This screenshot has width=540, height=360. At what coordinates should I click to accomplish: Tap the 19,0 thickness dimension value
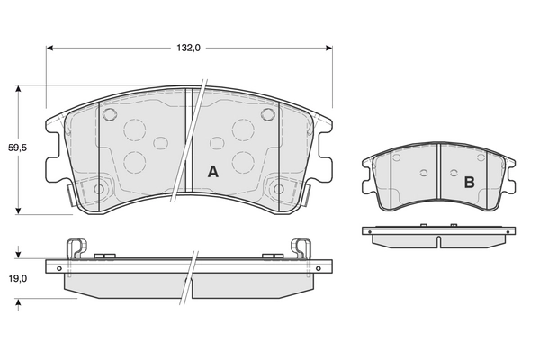pyautogui.click(x=18, y=278)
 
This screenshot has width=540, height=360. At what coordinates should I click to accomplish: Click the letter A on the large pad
pyautogui.click(x=213, y=171)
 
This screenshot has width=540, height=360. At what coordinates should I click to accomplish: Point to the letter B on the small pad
pyautogui.click(x=469, y=182)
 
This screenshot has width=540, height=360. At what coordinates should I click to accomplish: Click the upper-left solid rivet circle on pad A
pyautogui.click(x=110, y=115)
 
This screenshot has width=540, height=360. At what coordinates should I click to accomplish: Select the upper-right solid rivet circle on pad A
pyautogui.click(x=267, y=115)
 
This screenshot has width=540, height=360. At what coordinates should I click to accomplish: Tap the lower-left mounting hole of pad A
pyautogui.click(x=99, y=189)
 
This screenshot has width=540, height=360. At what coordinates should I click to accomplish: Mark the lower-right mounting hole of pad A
pyautogui.click(x=278, y=189)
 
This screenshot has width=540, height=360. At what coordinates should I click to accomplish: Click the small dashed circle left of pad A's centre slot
pyautogui.click(x=162, y=143)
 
